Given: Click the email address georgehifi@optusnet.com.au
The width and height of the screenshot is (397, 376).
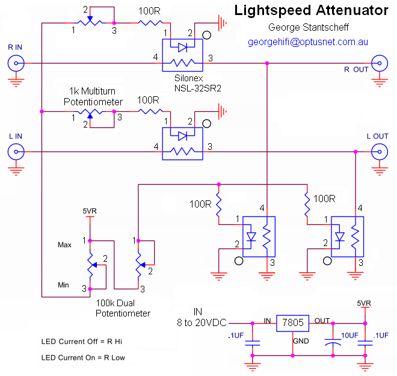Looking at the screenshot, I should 308,42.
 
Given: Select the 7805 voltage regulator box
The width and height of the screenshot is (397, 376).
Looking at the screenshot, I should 292,324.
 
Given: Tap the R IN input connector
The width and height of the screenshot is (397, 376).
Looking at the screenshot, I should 14,62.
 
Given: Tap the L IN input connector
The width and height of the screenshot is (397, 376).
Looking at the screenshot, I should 14,152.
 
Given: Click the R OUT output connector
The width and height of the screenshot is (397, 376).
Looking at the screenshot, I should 381,62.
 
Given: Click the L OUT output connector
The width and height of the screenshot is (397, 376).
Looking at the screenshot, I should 381,152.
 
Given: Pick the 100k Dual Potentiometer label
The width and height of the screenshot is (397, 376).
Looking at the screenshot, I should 123,309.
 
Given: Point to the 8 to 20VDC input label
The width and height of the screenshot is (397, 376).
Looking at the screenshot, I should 200,322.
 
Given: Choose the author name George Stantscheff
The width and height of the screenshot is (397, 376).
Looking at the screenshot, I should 308,28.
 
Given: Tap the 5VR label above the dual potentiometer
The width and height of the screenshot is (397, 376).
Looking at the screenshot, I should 90,211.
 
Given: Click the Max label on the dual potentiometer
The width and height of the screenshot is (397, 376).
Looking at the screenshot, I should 64,245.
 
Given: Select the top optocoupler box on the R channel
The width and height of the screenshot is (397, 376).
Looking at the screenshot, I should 182,54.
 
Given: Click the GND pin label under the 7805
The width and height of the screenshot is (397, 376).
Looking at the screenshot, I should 300,341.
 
